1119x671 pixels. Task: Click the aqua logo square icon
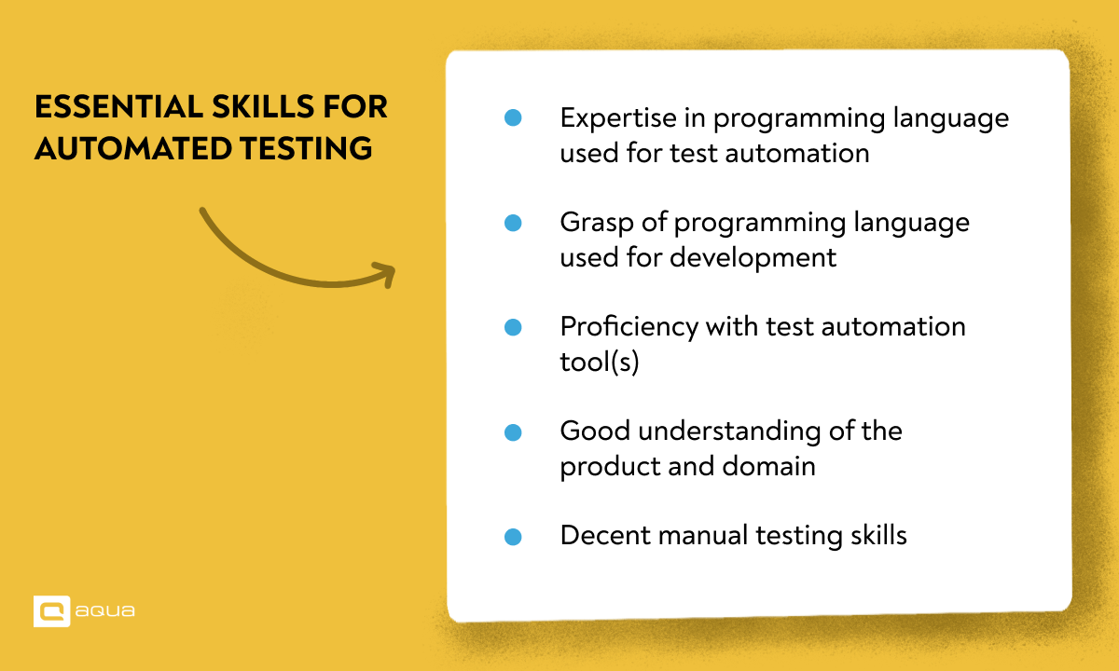pos(51,611)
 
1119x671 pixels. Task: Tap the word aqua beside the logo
pos(106,611)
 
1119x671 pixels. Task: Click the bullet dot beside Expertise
pos(512,118)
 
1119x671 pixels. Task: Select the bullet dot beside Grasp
pos(512,223)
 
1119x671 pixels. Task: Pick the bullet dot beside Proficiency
pos(512,327)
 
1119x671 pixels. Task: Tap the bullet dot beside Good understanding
pos(512,432)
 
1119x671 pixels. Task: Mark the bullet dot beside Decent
pos(512,537)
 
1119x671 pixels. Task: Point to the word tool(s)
pos(599,362)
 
